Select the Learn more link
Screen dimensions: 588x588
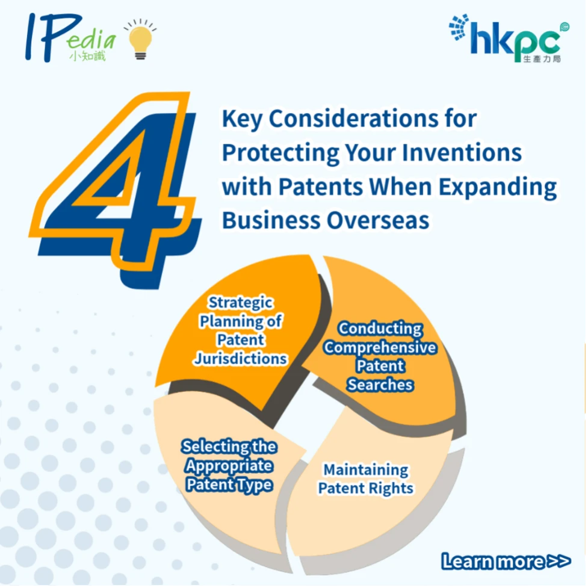coord(506,562)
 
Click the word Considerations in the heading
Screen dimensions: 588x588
coord(354,119)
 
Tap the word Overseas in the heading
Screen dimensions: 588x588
coord(378,220)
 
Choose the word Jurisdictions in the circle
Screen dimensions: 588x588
coord(240,359)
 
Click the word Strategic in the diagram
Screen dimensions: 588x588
coord(241,303)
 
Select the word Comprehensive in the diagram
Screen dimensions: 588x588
coord(380,348)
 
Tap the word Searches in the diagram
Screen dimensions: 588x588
coord(380,385)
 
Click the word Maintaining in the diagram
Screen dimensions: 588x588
coord(366,470)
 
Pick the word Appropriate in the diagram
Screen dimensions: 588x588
coord(229,466)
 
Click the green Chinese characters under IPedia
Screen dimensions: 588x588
coord(88,56)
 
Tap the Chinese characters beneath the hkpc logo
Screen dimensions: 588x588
coord(542,59)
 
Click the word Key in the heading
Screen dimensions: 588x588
coord(242,120)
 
